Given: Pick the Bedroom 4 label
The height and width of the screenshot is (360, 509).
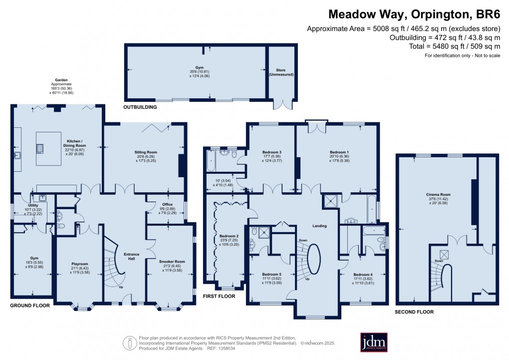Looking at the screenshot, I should [363, 275].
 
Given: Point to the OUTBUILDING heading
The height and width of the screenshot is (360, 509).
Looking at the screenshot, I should [141, 107].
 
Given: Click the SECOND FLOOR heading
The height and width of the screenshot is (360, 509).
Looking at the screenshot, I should [415, 312].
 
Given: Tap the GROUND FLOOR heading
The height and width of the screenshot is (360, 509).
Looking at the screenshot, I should [30, 306].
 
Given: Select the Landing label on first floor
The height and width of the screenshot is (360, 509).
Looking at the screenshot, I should [319, 226].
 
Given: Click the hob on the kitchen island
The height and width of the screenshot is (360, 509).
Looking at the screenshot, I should [39, 148].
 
